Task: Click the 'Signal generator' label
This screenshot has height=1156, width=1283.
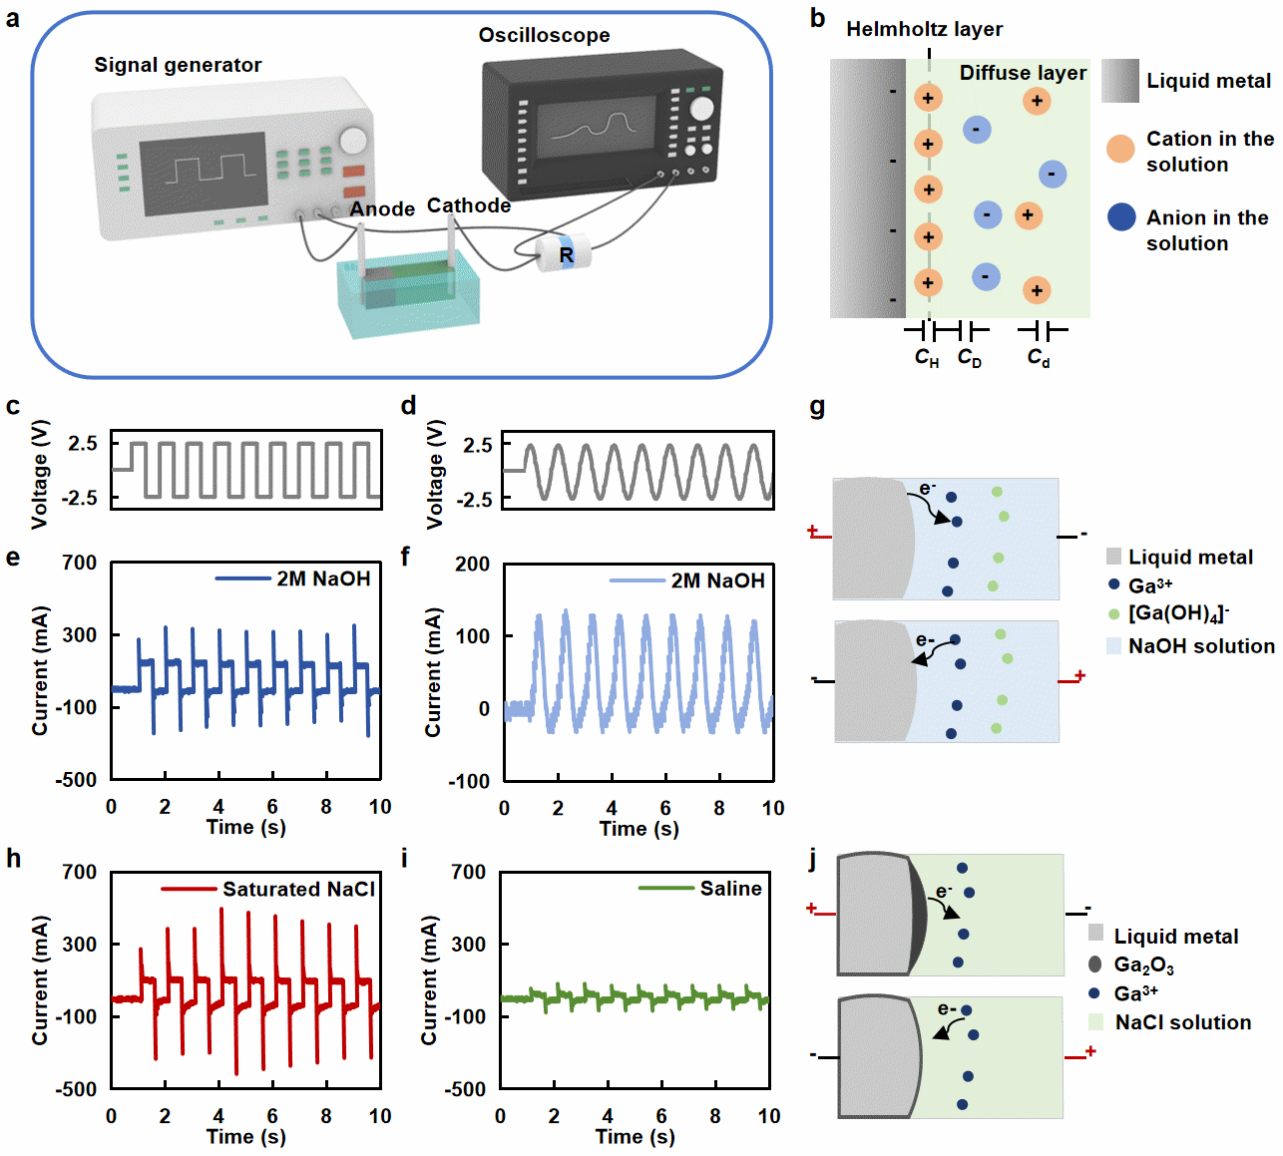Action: [x=178, y=66]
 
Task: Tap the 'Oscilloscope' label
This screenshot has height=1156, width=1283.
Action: [x=544, y=36]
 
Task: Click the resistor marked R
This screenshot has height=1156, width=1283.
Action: [x=565, y=254]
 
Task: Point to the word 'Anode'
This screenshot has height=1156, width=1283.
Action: [x=382, y=209]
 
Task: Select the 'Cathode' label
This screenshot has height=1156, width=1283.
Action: [x=469, y=205]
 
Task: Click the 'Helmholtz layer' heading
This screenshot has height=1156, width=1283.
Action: [x=924, y=30]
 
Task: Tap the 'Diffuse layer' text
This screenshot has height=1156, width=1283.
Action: [x=1023, y=73]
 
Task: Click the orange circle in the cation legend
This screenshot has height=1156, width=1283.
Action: [x=1120, y=150]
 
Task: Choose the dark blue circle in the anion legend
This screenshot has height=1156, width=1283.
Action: [x=1121, y=216]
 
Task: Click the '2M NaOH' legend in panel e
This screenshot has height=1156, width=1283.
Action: [x=323, y=578]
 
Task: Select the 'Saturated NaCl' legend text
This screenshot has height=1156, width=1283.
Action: [x=298, y=889]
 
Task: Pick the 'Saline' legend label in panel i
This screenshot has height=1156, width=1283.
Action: [x=730, y=888]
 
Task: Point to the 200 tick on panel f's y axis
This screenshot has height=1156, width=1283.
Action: [x=472, y=564]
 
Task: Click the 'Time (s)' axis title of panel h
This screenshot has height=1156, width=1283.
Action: [x=245, y=1136]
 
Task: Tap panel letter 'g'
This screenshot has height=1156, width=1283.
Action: [x=817, y=406]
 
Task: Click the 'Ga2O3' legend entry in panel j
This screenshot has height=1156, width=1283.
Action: [x=1143, y=964]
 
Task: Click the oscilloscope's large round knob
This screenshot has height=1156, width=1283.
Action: [x=702, y=108]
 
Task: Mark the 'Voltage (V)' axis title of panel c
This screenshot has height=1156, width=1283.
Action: [x=40, y=474]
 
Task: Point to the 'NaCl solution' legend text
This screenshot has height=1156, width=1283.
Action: [x=1182, y=1022]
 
